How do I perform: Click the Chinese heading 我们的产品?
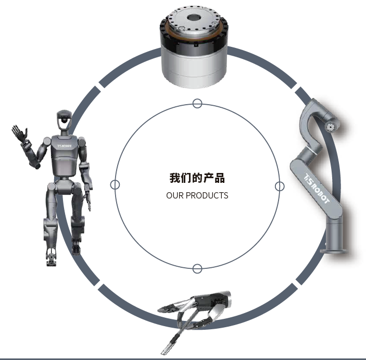[197, 178]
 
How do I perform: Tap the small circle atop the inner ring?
[197, 103]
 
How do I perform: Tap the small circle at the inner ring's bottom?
[197, 269]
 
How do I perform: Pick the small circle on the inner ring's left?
[115, 184]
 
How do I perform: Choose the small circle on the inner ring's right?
[280, 187]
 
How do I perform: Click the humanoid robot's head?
[64, 120]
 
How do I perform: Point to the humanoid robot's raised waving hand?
[19, 133]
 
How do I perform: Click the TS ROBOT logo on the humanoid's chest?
[65, 146]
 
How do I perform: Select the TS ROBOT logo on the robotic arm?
[317, 189]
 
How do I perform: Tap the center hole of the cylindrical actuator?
[194, 18]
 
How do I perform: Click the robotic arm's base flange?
[334, 251]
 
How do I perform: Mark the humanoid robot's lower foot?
[51, 260]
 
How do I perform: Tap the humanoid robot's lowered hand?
[88, 200]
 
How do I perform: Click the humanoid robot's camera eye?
[64, 120]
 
